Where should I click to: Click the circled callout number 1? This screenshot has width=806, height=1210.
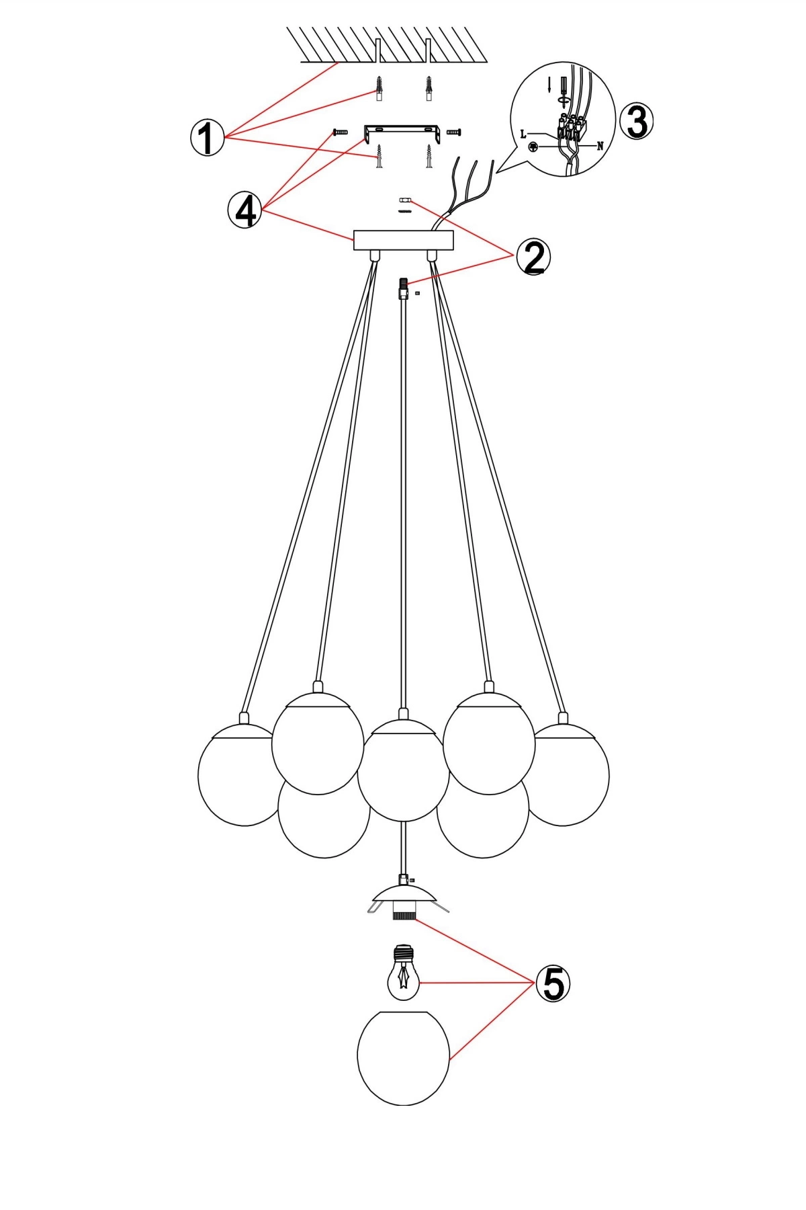pos(207,138)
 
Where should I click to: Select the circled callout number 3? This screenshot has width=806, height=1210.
pos(636,122)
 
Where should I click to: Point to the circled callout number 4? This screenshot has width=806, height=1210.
pos(245,210)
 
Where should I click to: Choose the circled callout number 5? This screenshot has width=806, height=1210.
pos(552,984)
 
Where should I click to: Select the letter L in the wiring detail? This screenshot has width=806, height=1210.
pos(524,134)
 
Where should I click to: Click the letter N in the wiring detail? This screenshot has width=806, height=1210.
pos(600,146)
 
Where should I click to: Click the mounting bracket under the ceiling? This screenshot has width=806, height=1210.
pos(402,131)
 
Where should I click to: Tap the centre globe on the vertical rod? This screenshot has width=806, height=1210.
pos(403,770)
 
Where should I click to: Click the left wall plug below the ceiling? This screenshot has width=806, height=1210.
pos(379,88)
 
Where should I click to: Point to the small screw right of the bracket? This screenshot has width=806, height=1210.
pos(454,132)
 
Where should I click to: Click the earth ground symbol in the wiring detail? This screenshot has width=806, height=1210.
pos(533,146)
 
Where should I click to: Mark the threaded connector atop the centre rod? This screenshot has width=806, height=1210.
pos(403,290)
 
